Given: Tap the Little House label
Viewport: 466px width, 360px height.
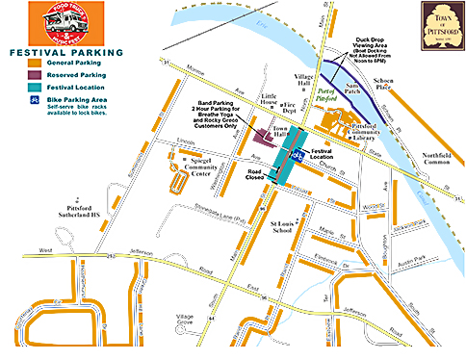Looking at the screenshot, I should [267, 100].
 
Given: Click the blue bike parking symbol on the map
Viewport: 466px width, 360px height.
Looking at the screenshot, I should [298, 152].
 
